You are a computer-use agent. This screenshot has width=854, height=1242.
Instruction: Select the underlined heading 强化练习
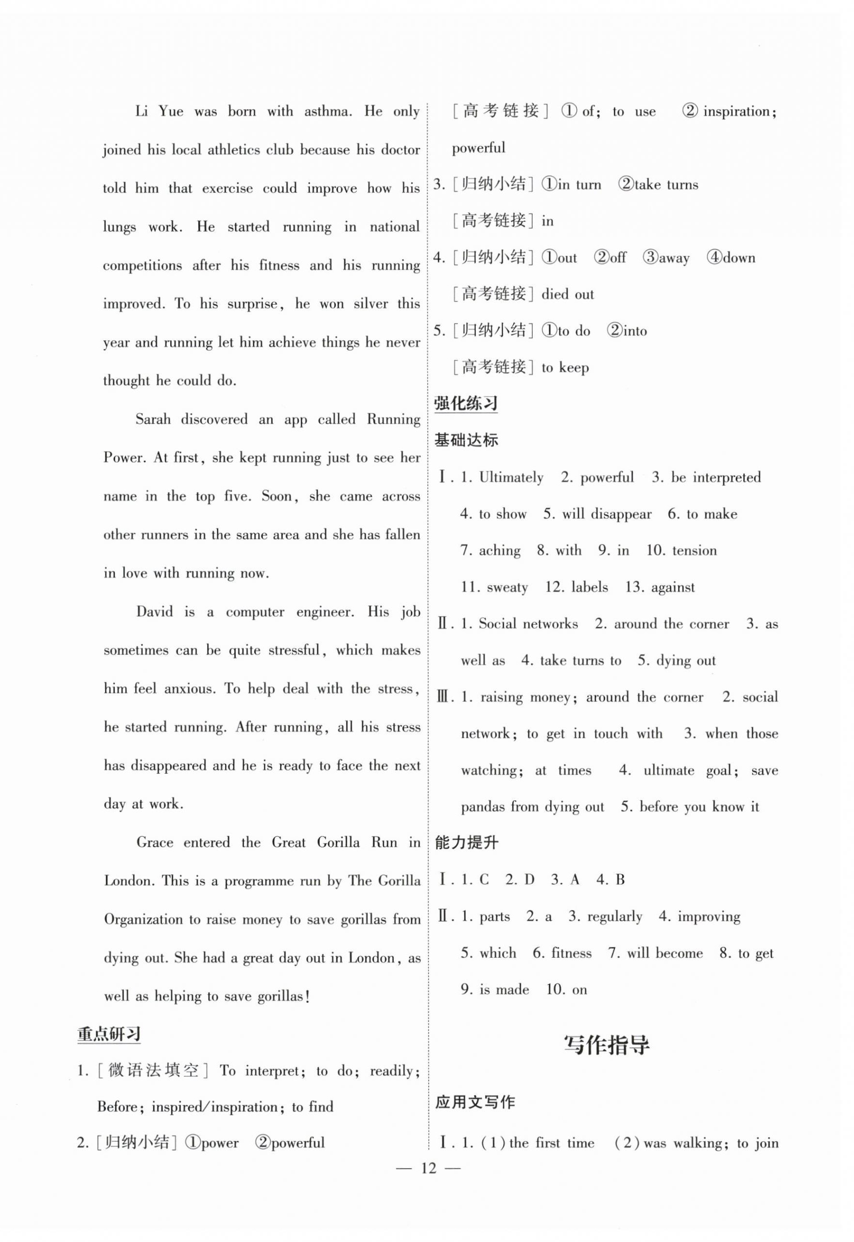(x=466, y=403)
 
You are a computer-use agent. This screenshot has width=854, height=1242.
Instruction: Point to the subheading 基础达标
(x=466, y=440)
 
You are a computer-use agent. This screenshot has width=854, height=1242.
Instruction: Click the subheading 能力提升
(x=466, y=843)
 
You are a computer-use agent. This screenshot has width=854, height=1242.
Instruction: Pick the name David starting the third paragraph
(x=154, y=611)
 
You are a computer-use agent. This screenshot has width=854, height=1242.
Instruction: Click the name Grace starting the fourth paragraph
(x=155, y=843)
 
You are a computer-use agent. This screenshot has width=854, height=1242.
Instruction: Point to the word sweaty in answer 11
(x=507, y=587)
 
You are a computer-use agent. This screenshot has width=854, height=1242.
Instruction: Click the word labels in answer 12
(x=589, y=587)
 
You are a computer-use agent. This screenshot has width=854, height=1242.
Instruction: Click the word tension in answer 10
(x=694, y=551)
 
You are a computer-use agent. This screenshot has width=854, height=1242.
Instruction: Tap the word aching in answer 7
(x=499, y=551)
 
